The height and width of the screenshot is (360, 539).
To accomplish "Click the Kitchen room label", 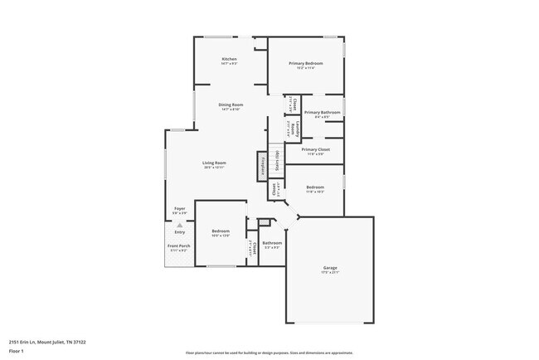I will point(229,59).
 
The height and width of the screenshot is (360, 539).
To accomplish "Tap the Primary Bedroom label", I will point(304,63).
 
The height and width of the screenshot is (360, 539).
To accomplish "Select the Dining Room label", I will point(230,104).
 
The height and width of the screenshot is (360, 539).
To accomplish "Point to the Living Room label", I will point(214,163).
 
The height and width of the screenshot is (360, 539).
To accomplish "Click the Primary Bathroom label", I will point(323,112).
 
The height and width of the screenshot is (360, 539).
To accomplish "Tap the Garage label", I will point(330,267).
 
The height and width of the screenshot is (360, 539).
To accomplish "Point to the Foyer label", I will point(179,208).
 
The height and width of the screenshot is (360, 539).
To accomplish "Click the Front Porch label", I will point(179,246).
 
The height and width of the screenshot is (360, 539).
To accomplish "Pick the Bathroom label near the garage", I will point(273,243).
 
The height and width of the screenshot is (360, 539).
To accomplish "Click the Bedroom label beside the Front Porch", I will point(220,231).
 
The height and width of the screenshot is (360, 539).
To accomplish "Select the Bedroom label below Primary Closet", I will point(314,187).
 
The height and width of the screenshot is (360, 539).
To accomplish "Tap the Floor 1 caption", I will point(16,349).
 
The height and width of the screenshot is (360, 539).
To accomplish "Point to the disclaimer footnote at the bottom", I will point(269,353).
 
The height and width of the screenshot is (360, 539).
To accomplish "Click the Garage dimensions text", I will point(330,272).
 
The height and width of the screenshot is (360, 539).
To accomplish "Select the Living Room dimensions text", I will point(214,168).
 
